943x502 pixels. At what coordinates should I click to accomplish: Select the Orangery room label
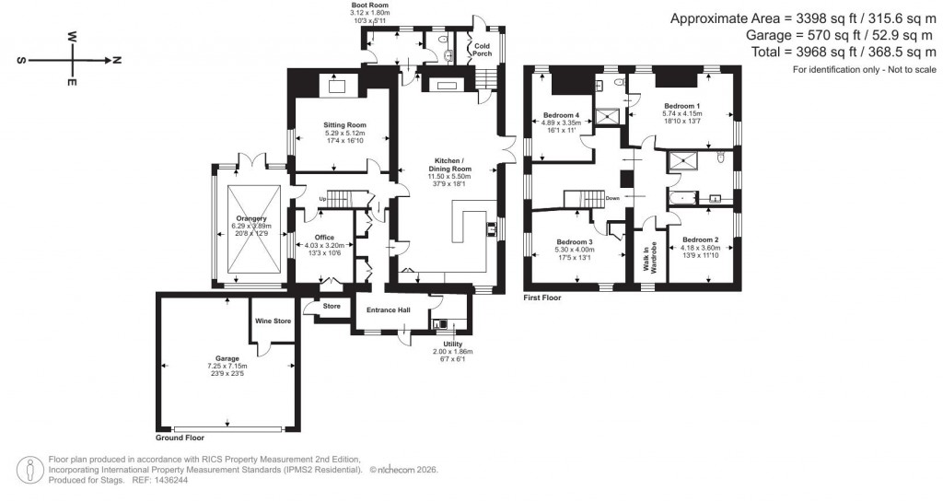(249, 217)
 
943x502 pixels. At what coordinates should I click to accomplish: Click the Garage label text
(227, 358)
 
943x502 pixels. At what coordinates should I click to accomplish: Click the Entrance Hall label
(388, 310)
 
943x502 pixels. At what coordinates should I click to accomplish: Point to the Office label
(324, 237)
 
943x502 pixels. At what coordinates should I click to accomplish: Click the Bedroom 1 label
(681, 106)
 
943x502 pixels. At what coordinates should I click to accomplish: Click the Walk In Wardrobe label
(649, 259)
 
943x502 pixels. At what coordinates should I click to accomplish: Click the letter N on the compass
(117, 60)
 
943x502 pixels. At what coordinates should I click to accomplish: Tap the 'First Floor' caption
(541, 298)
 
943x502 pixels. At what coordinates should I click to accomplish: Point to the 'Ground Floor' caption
(180, 438)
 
